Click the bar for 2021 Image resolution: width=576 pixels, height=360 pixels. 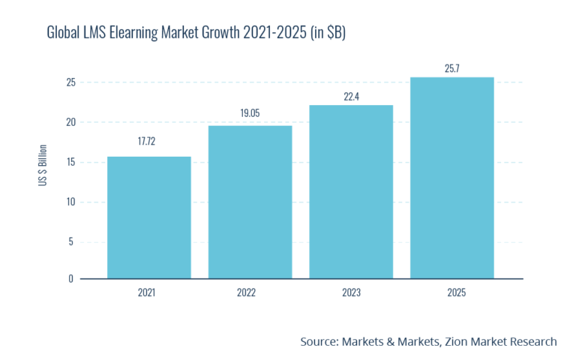pos(148,217)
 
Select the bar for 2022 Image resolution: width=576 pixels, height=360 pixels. pos(250,202)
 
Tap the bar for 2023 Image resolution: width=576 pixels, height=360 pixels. pos(351,192)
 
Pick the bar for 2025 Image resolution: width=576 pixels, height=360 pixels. pos(452,178)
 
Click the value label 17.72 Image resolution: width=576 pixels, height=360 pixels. pos(148,141)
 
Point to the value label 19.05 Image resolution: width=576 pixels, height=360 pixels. pos(250,112)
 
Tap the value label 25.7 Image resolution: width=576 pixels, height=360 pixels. pos(452,68)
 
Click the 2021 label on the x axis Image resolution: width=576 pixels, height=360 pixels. pos(148,292)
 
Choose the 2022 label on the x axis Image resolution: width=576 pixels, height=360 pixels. pos(250,292)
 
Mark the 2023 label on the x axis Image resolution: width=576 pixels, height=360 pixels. pos(351,292)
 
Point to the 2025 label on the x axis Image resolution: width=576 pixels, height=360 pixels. pos(452,292)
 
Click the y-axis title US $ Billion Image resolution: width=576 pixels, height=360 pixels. pos(43,175)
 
